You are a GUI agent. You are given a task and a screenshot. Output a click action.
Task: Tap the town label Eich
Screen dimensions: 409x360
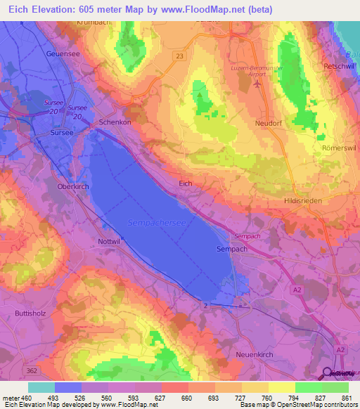186,183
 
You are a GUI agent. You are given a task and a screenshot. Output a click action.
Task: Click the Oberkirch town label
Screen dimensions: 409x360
72,188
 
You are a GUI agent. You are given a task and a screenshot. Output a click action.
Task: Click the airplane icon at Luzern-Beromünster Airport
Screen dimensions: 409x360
257,84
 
